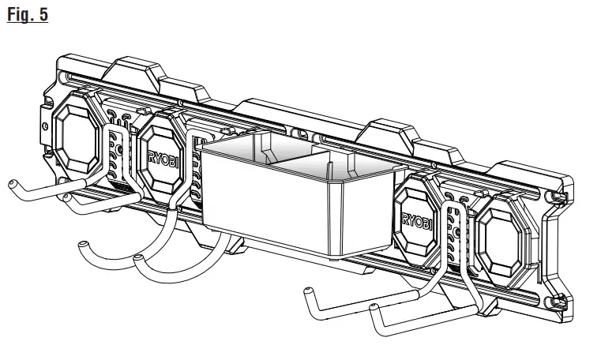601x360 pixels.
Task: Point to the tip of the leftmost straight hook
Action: coord(12,183)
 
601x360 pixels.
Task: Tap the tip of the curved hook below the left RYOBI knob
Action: coord(139,258)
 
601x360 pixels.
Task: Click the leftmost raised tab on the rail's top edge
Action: coord(135,68)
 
